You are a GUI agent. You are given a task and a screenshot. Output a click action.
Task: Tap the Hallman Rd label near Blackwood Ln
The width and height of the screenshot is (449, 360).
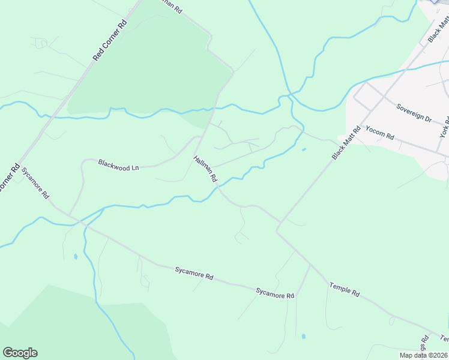pyautogui.click(x=205, y=169)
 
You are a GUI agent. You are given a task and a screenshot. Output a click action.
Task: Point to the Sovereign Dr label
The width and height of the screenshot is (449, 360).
pyautogui.click(x=414, y=112)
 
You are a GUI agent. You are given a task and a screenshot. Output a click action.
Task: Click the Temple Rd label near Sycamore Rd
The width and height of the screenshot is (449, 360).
pyautogui.click(x=344, y=290)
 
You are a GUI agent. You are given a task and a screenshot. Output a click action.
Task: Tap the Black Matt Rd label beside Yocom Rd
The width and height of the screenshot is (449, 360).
pyautogui.click(x=346, y=143)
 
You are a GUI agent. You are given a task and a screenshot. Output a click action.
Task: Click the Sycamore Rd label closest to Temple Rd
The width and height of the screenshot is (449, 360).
pyautogui.click(x=275, y=293)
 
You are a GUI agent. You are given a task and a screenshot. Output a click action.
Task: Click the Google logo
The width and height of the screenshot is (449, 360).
pyautogui.click(x=20, y=353)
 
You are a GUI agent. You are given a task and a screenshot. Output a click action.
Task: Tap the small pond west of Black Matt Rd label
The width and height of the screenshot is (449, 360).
pyautogui.click(x=304, y=149)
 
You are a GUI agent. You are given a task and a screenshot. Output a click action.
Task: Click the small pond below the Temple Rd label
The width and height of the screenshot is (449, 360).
pyautogui.click(x=303, y=336)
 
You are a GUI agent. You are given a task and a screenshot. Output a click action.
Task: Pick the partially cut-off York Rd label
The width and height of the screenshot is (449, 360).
pyautogui.click(x=445, y=126)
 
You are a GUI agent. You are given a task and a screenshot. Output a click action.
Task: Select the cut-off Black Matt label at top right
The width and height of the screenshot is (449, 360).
pyautogui.click(x=438, y=30)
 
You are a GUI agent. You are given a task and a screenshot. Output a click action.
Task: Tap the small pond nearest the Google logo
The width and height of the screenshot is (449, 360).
pyautogui.click(x=75, y=256)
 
